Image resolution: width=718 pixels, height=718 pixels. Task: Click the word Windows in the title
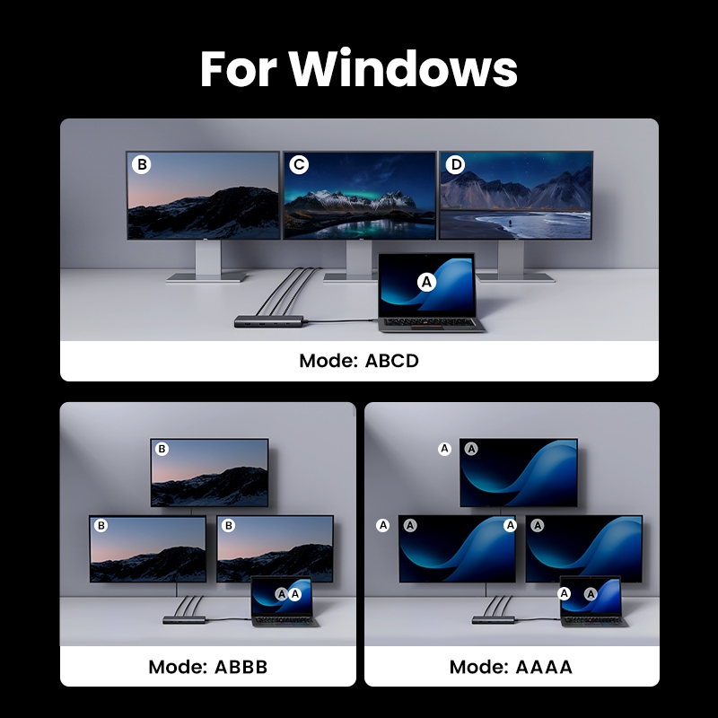(x=403, y=68)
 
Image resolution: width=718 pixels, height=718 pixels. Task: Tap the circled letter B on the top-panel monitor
(x=142, y=164)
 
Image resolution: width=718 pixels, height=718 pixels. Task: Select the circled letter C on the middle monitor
(x=299, y=164)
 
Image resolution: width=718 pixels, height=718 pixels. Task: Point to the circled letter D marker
(x=456, y=164)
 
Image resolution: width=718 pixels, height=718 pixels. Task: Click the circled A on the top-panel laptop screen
(x=427, y=282)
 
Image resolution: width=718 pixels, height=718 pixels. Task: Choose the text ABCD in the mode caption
(x=391, y=361)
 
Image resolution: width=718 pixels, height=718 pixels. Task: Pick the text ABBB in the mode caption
(x=241, y=667)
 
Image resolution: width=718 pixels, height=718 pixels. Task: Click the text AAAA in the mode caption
(x=544, y=667)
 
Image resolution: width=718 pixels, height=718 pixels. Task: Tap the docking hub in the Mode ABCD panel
(x=271, y=321)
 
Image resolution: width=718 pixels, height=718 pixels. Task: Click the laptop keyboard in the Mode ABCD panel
(x=430, y=323)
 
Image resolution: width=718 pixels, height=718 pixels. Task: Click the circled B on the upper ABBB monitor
(x=162, y=449)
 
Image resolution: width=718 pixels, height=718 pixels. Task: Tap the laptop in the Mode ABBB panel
(x=284, y=601)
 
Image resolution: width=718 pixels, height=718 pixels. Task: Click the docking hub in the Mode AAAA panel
(x=495, y=619)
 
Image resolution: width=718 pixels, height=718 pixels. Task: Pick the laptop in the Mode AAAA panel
(x=593, y=601)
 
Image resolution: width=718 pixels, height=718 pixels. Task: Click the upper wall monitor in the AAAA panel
(x=519, y=473)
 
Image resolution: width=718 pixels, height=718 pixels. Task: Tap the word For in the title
(x=239, y=68)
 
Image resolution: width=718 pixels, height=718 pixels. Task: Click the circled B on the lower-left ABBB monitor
(x=101, y=525)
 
